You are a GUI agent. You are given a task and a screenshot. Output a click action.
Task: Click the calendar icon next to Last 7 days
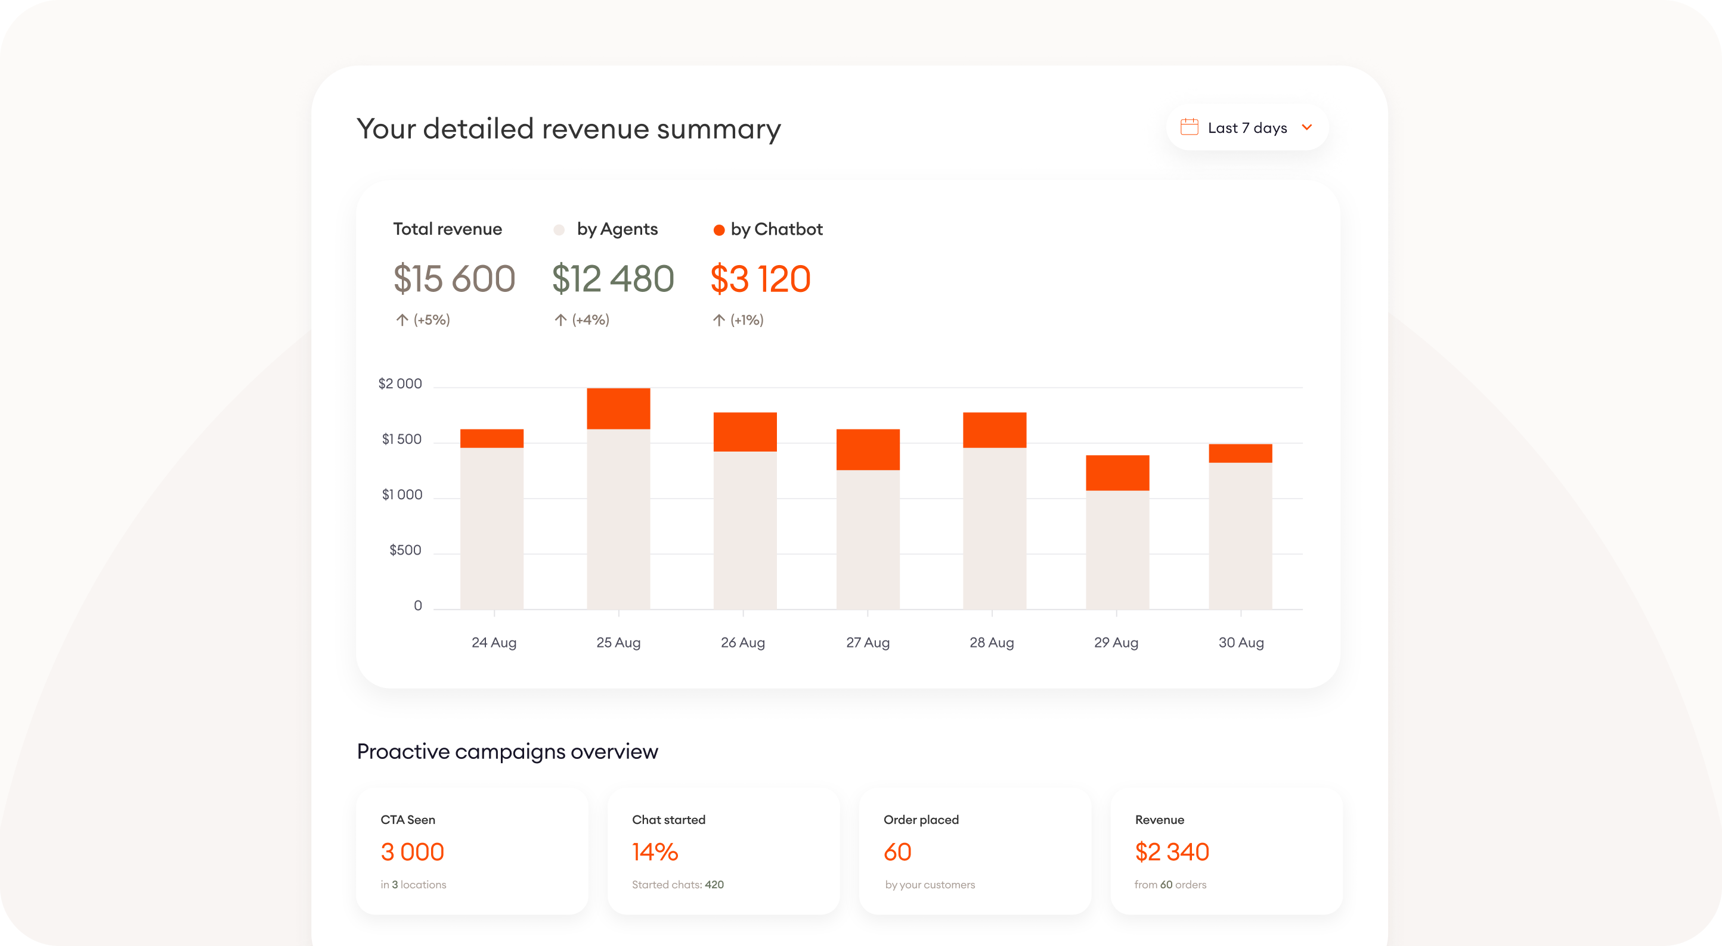pyautogui.click(x=1189, y=127)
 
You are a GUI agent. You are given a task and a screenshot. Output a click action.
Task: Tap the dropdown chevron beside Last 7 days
pyautogui.click(x=1307, y=127)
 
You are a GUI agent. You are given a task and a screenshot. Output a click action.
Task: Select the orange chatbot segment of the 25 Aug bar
pyautogui.click(x=618, y=408)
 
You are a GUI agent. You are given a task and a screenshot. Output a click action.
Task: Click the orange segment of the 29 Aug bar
pyautogui.click(x=1117, y=473)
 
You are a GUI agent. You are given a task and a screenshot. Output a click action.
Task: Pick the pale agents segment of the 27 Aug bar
pyautogui.click(x=868, y=539)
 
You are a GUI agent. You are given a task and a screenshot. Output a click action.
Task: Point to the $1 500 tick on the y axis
pyautogui.click(x=401, y=440)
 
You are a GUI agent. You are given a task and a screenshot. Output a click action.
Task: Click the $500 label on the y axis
pyautogui.click(x=405, y=550)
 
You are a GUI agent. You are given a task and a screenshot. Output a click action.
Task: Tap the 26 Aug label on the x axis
pyautogui.click(x=743, y=643)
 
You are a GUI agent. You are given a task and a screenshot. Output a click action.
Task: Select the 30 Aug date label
pyautogui.click(x=1241, y=643)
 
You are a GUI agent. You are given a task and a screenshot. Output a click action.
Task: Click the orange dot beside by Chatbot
pyautogui.click(x=718, y=231)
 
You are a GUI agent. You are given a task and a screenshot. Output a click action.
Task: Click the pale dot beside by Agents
pyautogui.click(x=559, y=231)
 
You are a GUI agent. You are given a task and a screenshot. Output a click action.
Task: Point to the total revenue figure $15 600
pyautogui.click(x=454, y=279)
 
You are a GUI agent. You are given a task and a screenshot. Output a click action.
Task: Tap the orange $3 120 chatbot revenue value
pyautogui.click(x=760, y=279)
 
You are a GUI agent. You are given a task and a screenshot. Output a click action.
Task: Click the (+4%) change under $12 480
pyautogui.click(x=590, y=320)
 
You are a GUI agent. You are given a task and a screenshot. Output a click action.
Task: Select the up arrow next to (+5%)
pyautogui.click(x=402, y=320)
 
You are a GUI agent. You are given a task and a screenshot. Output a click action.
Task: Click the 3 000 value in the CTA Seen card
pyautogui.click(x=412, y=852)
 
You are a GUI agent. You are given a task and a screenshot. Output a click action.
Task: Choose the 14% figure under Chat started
pyautogui.click(x=655, y=852)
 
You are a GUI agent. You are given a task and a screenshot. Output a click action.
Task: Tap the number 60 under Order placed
pyautogui.click(x=897, y=852)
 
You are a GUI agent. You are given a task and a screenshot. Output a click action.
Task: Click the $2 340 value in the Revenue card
pyautogui.click(x=1171, y=852)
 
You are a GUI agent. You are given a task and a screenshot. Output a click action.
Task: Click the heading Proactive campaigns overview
pyautogui.click(x=507, y=752)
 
